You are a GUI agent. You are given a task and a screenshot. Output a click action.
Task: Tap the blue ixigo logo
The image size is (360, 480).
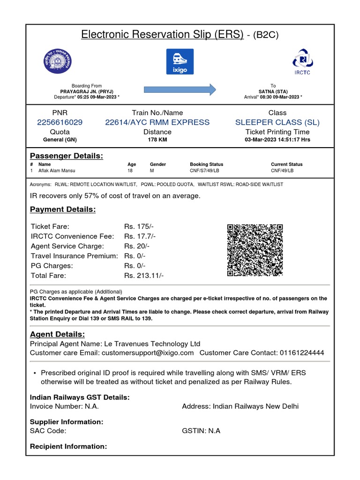pos(180,61)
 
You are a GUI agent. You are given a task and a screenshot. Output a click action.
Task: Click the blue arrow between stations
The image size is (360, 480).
pos(180,89)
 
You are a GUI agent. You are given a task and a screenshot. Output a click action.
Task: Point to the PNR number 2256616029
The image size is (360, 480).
pos(60,122)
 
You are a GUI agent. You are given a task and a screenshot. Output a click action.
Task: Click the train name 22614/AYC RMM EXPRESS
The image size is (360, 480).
pos(157,122)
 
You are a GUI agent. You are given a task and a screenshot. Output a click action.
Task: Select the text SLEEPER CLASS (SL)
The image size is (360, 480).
pos(277,122)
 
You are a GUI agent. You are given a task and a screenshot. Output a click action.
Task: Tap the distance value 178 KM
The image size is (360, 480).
pos(157,140)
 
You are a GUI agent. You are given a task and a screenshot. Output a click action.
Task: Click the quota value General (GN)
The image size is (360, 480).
pos(60,140)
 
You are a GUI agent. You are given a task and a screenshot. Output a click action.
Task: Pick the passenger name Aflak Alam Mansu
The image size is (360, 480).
pos(57,171)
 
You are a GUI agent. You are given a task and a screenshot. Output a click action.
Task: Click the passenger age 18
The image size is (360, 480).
pos(130,171)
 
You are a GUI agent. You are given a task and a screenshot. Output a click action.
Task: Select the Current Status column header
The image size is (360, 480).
pos(287,165)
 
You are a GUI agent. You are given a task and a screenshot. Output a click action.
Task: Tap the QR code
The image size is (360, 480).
pos(255,250)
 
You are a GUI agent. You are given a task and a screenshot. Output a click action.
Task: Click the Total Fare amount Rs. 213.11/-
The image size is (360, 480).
pos(144,276)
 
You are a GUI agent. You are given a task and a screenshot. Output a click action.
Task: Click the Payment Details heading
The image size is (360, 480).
pos(63,210)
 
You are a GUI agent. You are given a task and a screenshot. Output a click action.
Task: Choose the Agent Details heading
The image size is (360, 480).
pos(57,334)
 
